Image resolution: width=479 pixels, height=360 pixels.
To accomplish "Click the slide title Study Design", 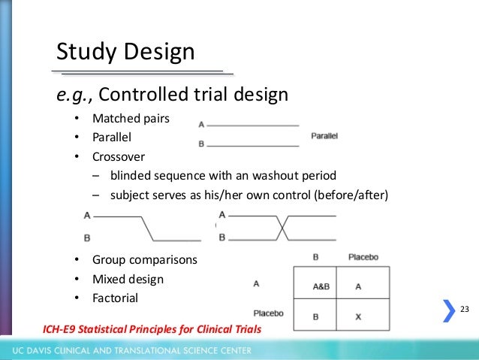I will (125, 52).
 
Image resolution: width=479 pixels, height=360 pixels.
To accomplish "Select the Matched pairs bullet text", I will (131, 119).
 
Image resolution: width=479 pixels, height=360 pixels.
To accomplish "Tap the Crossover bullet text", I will (119, 157).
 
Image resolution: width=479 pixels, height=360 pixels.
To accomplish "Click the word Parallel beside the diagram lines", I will (324, 136).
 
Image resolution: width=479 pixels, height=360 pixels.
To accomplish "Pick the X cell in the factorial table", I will (357, 316).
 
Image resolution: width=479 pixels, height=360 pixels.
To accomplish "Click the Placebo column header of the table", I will (363, 257).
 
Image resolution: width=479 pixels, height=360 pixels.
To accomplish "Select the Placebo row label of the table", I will (267, 313).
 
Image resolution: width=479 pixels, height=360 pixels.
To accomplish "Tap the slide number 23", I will (463, 310).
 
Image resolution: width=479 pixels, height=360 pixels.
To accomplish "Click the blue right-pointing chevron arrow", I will (448, 310).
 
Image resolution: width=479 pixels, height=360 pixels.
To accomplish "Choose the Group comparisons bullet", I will (144, 260).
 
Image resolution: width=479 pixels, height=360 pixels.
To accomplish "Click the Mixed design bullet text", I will (128, 279).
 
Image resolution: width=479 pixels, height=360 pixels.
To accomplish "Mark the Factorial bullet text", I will (115, 298).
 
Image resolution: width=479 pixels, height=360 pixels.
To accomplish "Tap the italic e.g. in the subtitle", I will (74, 95).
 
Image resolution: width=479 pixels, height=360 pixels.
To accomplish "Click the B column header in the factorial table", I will (315, 257).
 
